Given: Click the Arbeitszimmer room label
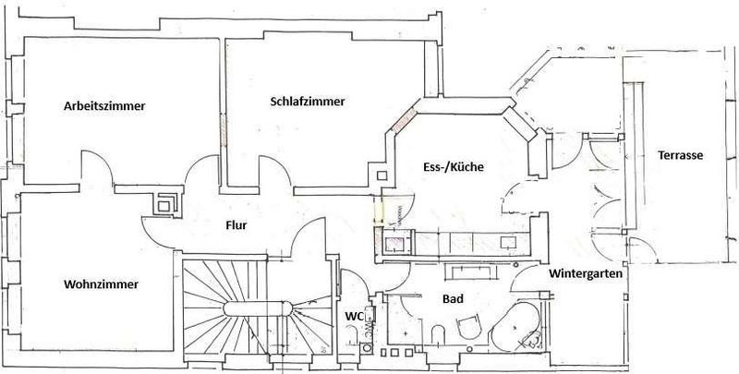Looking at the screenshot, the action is [x=104, y=106].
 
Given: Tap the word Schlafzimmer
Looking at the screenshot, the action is [x=308, y=102].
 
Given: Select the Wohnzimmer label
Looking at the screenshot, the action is [x=102, y=284].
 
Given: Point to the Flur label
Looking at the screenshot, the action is [x=236, y=225].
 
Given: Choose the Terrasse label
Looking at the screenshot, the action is [x=681, y=155].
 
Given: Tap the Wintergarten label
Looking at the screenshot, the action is [x=586, y=273].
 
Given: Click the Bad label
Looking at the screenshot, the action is [x=453, y=298].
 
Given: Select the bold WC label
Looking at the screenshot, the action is [x=354, y=317].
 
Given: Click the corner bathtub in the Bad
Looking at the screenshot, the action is [x=516, y=327].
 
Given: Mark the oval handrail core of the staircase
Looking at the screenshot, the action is [x=258, y=309].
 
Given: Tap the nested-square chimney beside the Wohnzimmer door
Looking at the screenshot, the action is [x=165, y=204].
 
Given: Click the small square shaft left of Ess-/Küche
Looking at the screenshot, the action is [x=382, y=175].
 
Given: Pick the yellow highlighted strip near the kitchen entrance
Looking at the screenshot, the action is [x=379, y=210].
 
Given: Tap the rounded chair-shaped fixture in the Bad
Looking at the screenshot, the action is [x=469, y=326].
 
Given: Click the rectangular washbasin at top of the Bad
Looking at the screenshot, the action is [x=469, y=271].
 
